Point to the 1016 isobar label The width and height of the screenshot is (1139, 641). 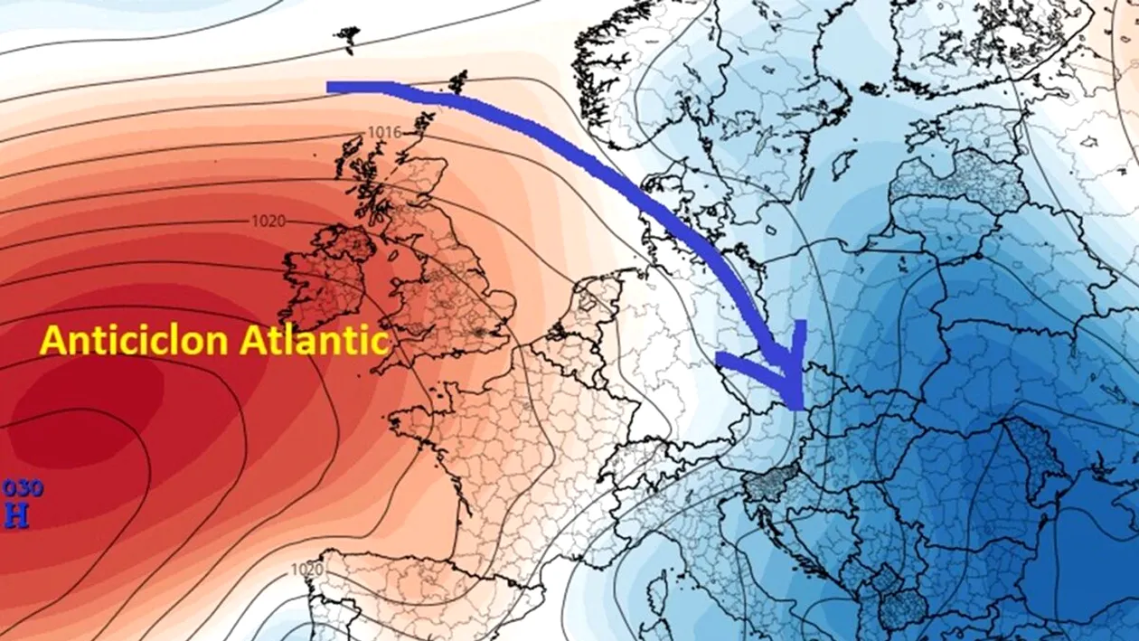[x=384, y=133]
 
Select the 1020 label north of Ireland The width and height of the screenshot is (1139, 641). [x=268, y=222]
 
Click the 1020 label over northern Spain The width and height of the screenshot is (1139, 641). [x=307, y=570]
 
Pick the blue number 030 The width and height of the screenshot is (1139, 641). [x=22, y=488]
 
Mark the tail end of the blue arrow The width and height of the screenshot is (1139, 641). [x=331, y=87]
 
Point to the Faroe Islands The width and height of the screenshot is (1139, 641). [x=346, y=36]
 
